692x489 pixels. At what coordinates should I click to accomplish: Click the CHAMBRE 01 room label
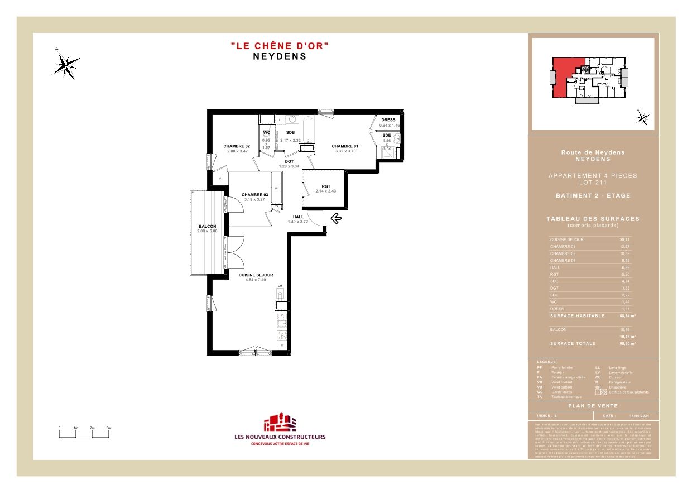click(344, 146)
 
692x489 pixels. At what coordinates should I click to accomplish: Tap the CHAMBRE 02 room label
click(237, 146)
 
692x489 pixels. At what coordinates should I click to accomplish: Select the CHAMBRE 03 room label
click(254, 195)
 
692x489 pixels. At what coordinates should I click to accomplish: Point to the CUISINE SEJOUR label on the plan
click(256, 275)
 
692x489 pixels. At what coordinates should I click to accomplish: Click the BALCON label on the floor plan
click(206, 227)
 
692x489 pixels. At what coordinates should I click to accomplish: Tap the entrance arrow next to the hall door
click(337, 218)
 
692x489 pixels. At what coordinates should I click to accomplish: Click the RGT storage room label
click(325, 186)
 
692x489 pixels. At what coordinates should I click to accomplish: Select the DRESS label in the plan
click(388, 120)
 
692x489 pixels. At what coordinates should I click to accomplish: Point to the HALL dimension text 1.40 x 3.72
click(297, 222)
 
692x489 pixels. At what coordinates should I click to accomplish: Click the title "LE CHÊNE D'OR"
click(280, 46)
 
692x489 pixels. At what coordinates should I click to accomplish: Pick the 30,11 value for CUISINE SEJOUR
click(624, 239)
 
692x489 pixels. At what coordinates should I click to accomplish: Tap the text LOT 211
click(593, 183)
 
